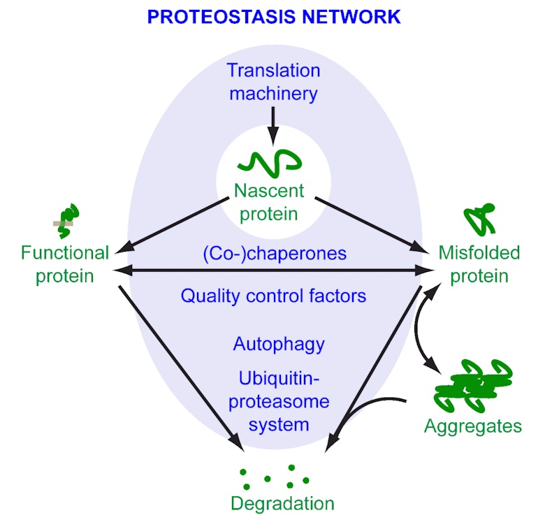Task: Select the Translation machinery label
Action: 273,81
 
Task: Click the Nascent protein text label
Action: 270,201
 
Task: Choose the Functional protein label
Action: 65,263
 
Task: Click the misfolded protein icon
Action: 481,219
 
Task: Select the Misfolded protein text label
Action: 479,263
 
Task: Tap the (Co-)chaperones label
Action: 275,252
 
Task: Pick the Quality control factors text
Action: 273,296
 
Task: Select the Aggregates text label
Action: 473,426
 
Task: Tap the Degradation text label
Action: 282,503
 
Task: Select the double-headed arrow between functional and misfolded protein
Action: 273,270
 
